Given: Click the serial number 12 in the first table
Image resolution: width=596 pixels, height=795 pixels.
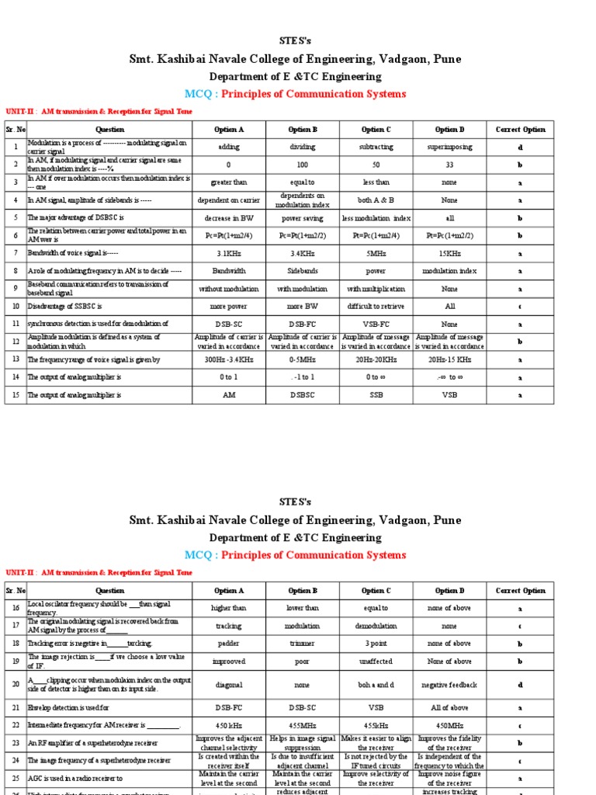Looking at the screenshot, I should pyautogui.click(x=15, y=341).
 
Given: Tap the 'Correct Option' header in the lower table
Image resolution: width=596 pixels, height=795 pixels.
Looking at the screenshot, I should pyautogui.click(x=521, y=591).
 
